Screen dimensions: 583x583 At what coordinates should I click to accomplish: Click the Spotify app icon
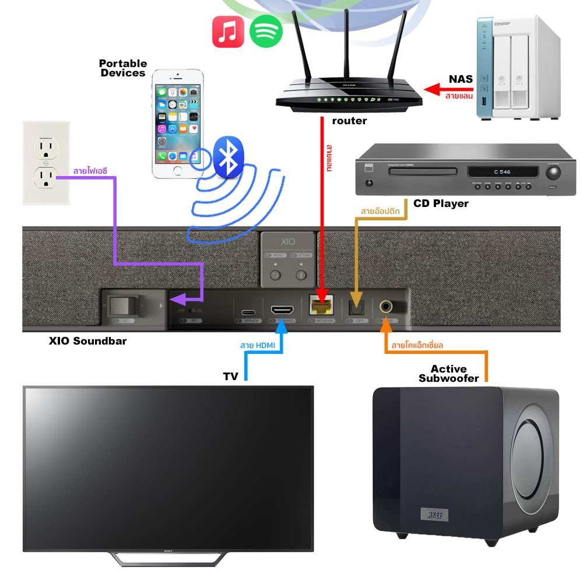[x=266, y=31]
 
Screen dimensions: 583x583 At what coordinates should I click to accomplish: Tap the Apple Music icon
[x=228, y=31]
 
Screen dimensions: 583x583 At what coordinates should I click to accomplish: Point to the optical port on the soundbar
[x=354, y=305]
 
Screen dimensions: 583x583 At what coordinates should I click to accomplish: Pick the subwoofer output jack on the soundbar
[x=387, y=305]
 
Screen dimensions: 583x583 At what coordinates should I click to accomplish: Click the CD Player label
[x=441, y=203]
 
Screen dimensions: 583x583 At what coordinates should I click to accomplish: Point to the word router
[x=349, y=121]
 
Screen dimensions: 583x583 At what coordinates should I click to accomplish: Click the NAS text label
[x=461, y=79]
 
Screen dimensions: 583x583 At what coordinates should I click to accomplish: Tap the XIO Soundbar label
[x=87, y=341]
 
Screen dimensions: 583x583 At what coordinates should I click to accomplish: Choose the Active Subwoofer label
[x=449, y=374]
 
